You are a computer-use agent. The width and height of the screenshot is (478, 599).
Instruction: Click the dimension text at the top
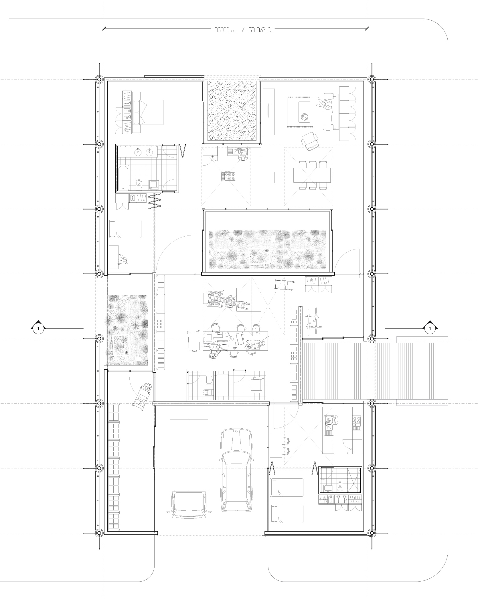point(243,30)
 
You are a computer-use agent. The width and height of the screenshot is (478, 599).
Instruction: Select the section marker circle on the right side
point(430,329)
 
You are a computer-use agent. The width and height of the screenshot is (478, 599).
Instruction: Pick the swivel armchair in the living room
point(310,141)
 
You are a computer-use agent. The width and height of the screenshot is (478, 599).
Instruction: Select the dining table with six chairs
point(312,175)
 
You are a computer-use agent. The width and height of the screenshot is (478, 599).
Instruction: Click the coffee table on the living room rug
point(304,112)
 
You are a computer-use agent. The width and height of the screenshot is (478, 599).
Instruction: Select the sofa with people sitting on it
point(329,112)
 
